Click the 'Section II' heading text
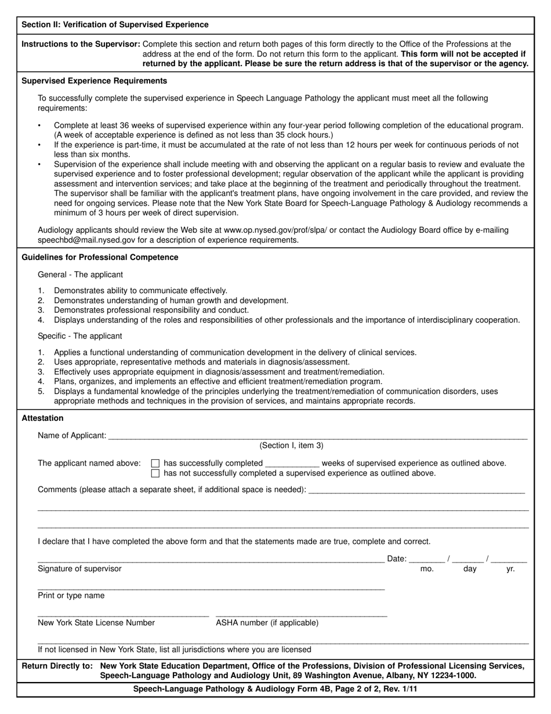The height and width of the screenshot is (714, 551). [115, 25]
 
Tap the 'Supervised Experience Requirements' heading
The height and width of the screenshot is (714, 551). [94, 81]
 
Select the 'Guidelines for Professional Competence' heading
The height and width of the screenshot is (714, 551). [100, 257]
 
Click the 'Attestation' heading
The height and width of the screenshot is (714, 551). [42, 418]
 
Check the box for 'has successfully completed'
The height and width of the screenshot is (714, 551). [155, 463]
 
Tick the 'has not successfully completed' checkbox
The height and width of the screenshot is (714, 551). [155, 473]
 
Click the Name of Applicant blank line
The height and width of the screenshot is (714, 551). [317, 436]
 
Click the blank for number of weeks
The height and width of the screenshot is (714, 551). [292, 464]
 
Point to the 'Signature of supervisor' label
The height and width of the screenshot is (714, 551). [79, 569]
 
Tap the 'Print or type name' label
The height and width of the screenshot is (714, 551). [71, 596]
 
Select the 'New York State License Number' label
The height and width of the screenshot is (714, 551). [96, 623]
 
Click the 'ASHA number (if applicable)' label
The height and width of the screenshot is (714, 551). [267, 623]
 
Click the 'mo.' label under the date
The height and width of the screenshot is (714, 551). [427, 569]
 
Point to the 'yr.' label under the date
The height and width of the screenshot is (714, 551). [510, 569]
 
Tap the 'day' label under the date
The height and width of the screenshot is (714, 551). [470, 569]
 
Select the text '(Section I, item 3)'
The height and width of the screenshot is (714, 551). [291, 446]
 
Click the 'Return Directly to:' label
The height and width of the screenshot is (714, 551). [57, 666]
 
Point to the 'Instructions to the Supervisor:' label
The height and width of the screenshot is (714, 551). [81, 44]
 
